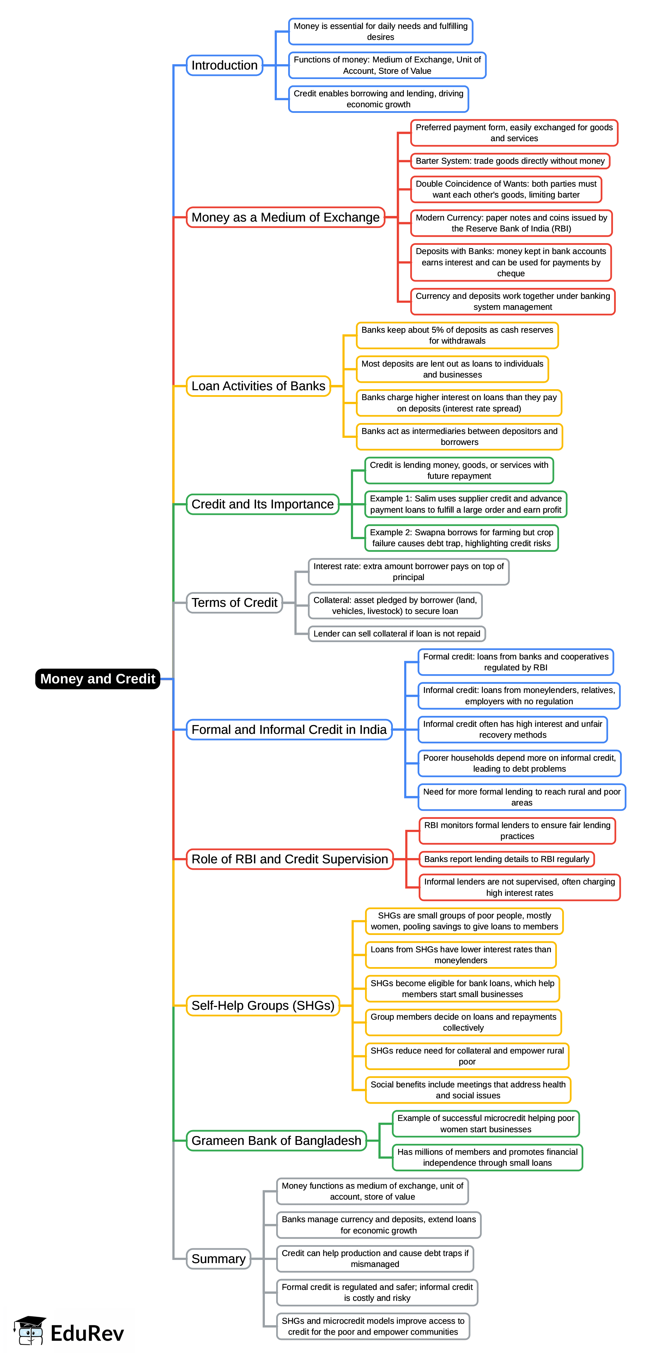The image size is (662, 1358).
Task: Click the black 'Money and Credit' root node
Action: (97, 678)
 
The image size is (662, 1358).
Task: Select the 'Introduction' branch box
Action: (225, 65)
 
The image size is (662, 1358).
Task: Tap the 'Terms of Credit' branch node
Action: (234, 603)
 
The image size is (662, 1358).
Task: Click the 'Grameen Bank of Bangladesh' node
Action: (276, 1140)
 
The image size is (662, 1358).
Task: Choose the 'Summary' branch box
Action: (218, 1259)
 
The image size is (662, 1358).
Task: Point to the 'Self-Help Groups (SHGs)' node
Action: (262, 1005)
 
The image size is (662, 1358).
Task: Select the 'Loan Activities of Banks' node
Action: (258, 386)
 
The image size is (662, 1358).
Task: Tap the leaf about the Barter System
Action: (510, 161)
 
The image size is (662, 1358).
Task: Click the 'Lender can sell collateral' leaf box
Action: (396, 634)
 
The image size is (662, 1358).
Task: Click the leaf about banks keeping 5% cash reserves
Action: (457, 335)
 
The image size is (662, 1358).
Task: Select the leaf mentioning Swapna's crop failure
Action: (461, 538)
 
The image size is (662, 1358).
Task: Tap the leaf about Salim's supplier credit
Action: (466, 504)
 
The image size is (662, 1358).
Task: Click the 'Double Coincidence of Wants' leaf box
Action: (506, 189)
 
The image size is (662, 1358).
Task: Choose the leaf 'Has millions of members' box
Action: (487, 1157)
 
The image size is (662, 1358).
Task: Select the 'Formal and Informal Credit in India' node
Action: (289, 730)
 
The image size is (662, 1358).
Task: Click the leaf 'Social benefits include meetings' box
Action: (468, 1090)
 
